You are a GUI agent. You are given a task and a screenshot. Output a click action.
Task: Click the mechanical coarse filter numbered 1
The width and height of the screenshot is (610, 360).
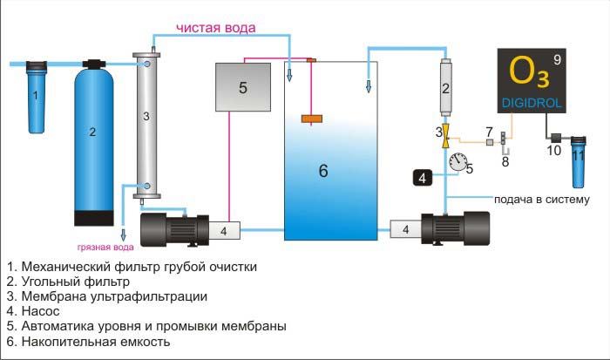[36, 95]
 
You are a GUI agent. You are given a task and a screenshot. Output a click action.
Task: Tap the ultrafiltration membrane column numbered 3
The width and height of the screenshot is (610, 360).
[146, 118]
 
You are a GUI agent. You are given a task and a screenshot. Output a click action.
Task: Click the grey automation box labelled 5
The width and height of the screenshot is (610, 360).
[242, 87]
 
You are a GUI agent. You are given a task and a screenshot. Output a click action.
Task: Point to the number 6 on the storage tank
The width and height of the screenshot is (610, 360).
[323, 171]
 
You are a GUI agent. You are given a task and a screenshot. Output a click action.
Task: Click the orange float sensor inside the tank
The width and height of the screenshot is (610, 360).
[312, 118]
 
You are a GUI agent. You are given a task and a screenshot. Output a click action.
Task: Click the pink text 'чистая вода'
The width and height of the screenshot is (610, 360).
[216, 28]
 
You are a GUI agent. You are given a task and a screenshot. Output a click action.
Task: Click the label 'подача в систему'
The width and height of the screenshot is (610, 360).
[541, 199]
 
